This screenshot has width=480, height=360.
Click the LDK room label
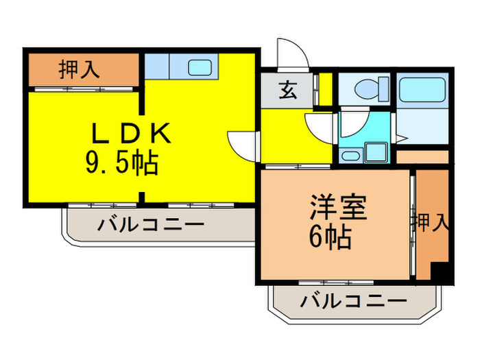pyautogui.click(x=132, y=133)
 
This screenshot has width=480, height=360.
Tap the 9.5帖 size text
pyautogui.click(x=122, y=163)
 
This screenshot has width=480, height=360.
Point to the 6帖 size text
pyautogui.click(x=330, y=237)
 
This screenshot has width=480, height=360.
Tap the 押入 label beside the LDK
pyautogui.click(x=80, y=69)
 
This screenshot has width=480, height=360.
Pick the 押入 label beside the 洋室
pyautogui.click(x=430, y=223)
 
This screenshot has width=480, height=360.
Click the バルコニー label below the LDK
pyautogui.click(x=151, y=225)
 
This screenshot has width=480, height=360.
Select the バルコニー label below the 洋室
pyautogui.click(x=354, y=301)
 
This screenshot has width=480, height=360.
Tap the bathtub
pyautogui.click(x=422, y=89)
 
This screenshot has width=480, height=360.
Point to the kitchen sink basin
pyautogui.click(x=200, y=67)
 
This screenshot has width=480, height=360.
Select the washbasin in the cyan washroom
pyautogui.click(x=350, y=156)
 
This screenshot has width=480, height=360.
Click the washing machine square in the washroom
pyautogui.click(x=376, y=152)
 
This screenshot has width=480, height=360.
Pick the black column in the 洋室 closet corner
pyautogui.click(x=440, y=271)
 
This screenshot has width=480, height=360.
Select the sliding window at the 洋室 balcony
pyautogui.click(x=336, y=283)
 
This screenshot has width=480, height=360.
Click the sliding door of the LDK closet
pyautogui.click(x=84, y=89)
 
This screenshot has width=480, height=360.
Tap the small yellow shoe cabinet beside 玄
pyautogui.click(x=326, y=89)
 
